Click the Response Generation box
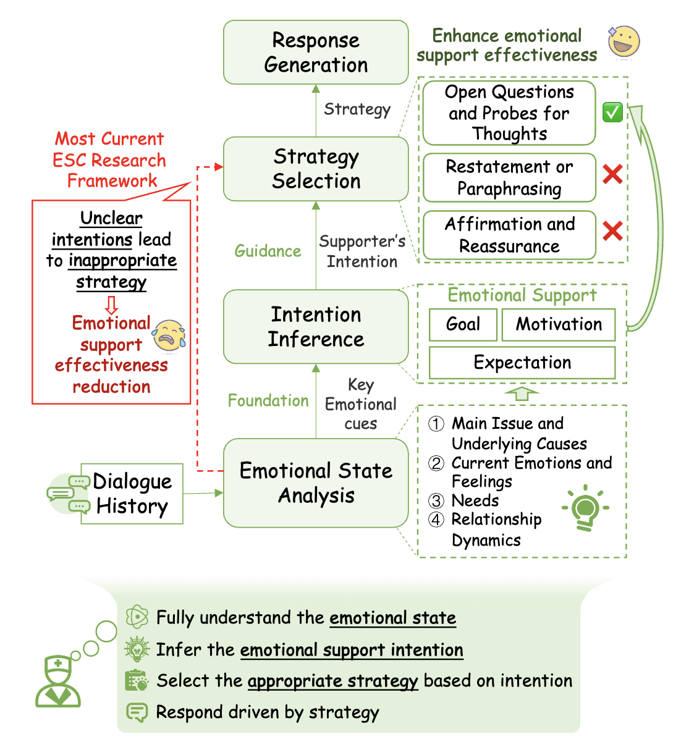pos(316,53)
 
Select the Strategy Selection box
pos(316,169)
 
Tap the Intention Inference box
pos(316,327)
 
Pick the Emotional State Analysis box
pos(316,483)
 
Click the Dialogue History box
pos(132,494)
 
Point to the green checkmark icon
pos(612,112)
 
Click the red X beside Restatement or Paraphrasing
pos(612,174)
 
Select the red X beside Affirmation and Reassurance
pos(612,231)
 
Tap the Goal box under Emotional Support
pos(463,324)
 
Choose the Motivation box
pos(559,324)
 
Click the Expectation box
pos(522,363)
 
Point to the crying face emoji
pos(169,335)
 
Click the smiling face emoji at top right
pos(623,42)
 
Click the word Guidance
pos(268,251)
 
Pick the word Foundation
pos(268,400)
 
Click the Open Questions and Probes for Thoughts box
pos(509,113)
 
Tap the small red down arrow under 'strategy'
pos(111,305)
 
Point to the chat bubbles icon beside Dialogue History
pos(68,494)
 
